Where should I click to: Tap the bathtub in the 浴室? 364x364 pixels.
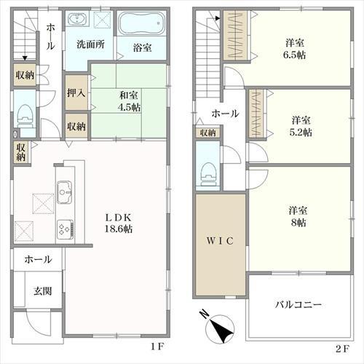coord(143,23)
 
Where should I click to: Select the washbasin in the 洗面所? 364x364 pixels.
coord(76,19)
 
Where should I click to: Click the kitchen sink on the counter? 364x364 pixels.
coord(65,192)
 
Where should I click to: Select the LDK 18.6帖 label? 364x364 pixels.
coord(119,223)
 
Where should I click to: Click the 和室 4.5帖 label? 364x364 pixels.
coord(129,101)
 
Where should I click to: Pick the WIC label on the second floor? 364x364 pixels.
coord(220,241)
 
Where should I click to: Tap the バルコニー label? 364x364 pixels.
coord(298,304)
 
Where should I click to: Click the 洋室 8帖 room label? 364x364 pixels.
coord(298,217)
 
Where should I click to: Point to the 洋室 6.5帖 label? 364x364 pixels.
coord(294,49)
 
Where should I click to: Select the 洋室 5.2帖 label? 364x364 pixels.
coord(301,126)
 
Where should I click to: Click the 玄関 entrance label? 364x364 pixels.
coord(43,291)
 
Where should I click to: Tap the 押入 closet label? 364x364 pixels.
coord(76,92)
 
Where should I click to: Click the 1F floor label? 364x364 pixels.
coord(157,347)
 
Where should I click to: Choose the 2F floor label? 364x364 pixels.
coord(343,349)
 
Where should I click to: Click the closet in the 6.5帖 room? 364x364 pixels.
coord(235,36)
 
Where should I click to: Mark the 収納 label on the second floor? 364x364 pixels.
coord(207,132)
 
